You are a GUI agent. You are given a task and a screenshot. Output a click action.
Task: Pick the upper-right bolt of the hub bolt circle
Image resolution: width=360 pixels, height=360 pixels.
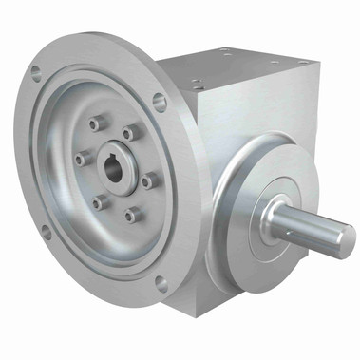[129, 133]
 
